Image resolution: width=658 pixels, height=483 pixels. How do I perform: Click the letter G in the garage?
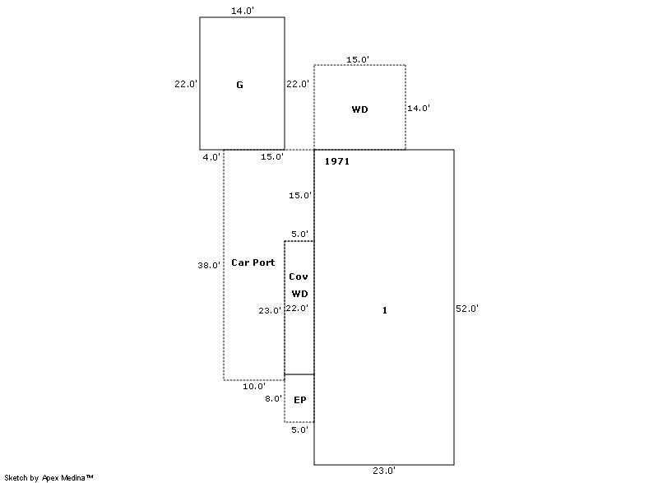coord(239,85)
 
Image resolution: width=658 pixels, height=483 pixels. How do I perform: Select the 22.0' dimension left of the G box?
coord(185,84)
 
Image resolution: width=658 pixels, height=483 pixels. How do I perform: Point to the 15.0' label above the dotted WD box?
coord(358,59)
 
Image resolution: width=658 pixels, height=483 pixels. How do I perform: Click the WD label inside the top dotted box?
coord(359,109)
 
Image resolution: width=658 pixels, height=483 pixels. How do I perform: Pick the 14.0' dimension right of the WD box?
coord(419,108)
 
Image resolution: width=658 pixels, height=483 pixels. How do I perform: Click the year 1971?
coord(336,161)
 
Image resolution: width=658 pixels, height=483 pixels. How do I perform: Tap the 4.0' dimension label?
coord(211,156)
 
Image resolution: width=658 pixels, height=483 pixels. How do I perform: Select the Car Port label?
coord(253,262)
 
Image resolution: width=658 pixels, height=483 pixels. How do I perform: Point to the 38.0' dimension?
coord(209,266)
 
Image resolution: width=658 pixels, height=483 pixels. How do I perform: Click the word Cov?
coord(299,277)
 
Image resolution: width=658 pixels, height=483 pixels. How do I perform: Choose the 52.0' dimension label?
coord(467,309)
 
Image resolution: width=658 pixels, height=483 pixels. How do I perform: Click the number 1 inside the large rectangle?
coord(384,310)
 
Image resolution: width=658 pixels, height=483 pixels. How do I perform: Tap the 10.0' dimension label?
coord(253,386)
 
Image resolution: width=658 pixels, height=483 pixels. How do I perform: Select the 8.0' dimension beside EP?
coord(273,398)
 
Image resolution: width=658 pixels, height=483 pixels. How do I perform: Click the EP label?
coord(299,400)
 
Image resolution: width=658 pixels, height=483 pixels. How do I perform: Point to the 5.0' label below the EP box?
coord(299,430)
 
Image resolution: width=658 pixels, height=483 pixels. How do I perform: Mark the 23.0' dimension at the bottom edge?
coord(384,471)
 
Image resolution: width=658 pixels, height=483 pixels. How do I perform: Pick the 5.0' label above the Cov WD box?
coord(299,235)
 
